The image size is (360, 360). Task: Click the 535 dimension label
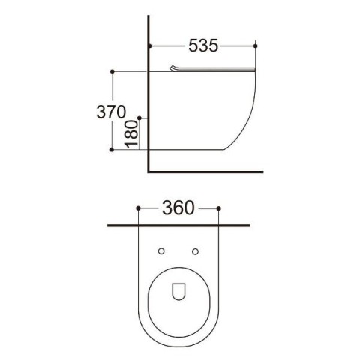[x=203, y=46]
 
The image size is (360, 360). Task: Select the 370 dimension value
[x=111, y=112]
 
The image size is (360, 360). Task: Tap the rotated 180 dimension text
[x=131, y=134]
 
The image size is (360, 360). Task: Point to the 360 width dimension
[x=178, y=208]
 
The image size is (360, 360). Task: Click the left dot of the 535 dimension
[x=150, y=46]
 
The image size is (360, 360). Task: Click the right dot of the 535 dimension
[x=255, y=46]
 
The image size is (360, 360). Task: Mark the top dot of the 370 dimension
[x=112, y=71]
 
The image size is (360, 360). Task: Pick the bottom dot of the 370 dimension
[x=112, y=150]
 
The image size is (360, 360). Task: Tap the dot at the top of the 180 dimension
[x=139, y=118]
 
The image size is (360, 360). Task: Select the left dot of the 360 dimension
[x=138, y=208]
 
